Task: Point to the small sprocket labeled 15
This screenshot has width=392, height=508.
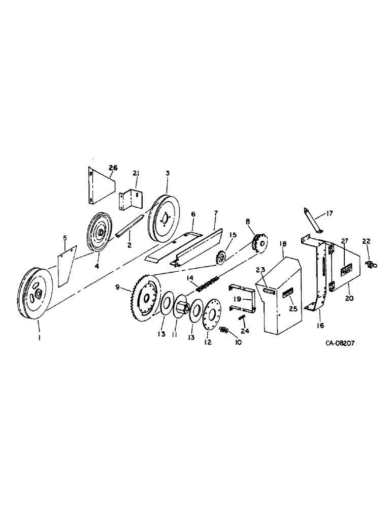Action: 221,259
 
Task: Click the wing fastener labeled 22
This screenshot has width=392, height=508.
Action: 369,263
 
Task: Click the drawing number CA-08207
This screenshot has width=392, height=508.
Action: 340,343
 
